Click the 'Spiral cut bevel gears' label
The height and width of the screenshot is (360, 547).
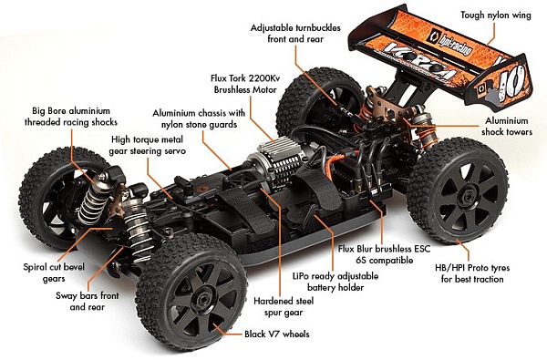[x=47, y=273]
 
